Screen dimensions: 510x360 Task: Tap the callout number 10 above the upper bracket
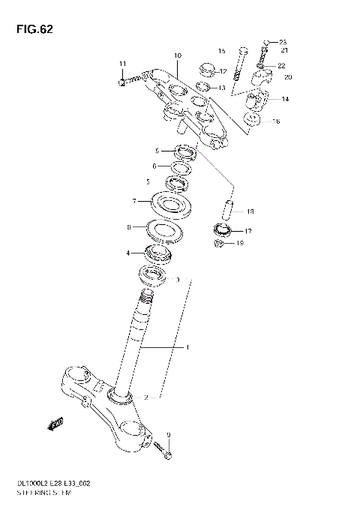(178, 55)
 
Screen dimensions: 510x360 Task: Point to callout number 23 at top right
(283, 41)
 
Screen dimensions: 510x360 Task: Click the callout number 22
(282, 66)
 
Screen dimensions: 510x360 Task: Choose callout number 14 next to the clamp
(285, 99)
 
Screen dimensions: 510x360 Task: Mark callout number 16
(276, 121)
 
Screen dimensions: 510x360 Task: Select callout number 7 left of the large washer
(133, 202)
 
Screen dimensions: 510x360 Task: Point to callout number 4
(128, 253)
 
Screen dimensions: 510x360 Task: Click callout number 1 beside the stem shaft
(187, 348)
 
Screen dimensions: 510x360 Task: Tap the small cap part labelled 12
(207, 71)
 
